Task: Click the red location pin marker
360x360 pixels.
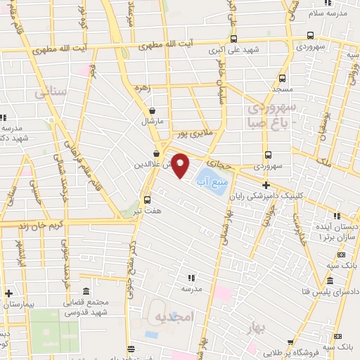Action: (181, 165)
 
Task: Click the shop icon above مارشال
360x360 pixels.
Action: (153, 110)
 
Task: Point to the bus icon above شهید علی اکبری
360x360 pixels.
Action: (234, 39)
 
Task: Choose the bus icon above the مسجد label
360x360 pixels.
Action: (282, 79)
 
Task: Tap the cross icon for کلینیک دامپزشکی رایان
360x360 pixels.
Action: (266, 184)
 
